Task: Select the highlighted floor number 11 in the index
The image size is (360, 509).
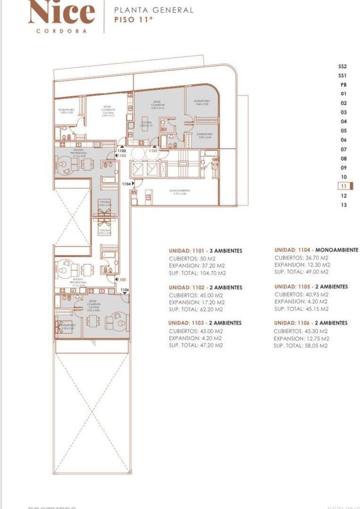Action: [344, 186]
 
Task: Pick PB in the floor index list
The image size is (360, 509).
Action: [344, 85]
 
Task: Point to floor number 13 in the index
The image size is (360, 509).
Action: [344, 205]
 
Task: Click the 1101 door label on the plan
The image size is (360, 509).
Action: [153, 151]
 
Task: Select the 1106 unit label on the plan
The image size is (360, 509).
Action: [124, 290]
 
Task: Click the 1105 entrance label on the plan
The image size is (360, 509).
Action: [122, 279]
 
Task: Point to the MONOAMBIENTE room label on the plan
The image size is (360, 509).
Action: [179, 191]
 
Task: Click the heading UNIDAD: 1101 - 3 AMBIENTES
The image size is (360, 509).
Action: [205, 251]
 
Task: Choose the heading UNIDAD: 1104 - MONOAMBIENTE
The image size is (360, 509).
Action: [316, 250]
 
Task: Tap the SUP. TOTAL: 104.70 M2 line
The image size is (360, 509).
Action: [197, 273]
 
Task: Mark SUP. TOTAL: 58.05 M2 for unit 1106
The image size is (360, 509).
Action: [301, 345]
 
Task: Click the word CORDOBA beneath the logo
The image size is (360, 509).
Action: [61, 31]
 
